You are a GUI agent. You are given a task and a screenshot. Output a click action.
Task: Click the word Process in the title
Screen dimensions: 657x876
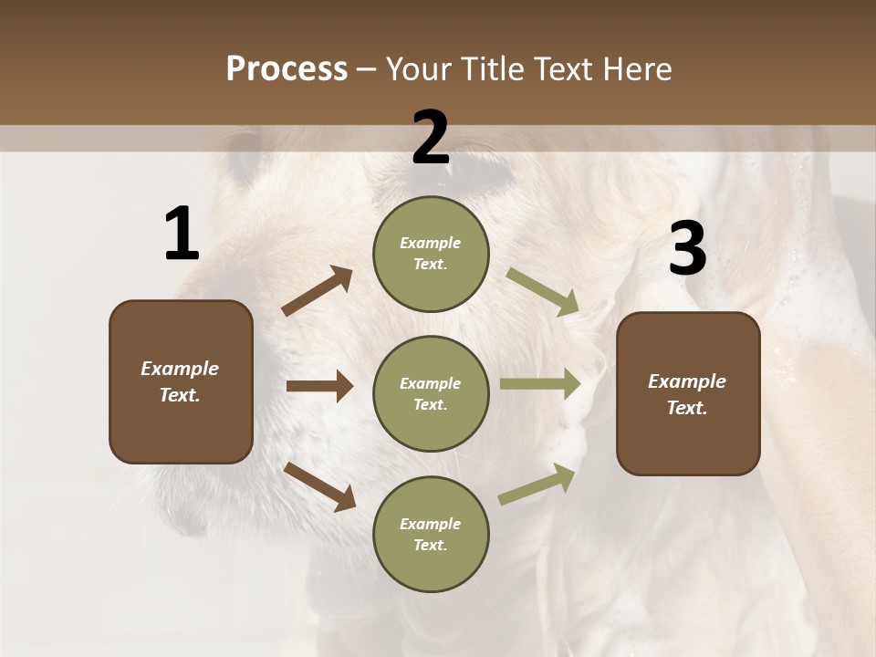pyautogui.click(x=287, y=68)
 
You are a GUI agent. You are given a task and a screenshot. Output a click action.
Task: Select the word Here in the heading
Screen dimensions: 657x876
pyautogui.click(x=635, y=68)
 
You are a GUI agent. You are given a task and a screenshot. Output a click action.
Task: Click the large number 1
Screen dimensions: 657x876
pyautogui.click(x=182, y=235)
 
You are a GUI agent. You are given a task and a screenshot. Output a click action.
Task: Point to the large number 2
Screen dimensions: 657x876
pyautogui.click(x=431, y=138)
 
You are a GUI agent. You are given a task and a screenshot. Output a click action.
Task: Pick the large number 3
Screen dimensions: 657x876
pyautogui.click(x=687, y=248)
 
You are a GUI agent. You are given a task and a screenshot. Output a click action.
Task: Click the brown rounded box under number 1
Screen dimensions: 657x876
pyautogui.click(x=181, y=381)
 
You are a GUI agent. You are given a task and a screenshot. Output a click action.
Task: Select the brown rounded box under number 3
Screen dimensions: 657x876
pyautogui.click(x=688, y=393)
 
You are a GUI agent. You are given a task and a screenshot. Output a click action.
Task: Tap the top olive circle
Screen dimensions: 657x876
pyautogui.click(x=431, y=254)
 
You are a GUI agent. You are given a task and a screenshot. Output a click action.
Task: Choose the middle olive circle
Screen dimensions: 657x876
pyautogui.click(x=431, y=393)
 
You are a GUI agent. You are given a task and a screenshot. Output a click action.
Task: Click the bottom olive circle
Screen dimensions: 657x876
pyautogui.click(x=431, y=534)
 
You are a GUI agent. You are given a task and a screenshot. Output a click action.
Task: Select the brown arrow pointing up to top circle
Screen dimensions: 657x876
pyautogui.click(x=318, y=291)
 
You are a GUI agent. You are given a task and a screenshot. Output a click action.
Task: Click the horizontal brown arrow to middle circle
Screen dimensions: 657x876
pyautogui.click(x=319, y=386)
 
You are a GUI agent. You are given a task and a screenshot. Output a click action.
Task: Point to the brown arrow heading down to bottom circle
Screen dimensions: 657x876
pyautogui.click(x=319, y=485)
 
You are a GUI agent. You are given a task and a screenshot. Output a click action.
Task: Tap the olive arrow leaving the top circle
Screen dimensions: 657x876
pyautogui.click(x=543, y=291)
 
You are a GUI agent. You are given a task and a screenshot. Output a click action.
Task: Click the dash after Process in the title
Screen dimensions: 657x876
pyautogui.click(x=366, y=70)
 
